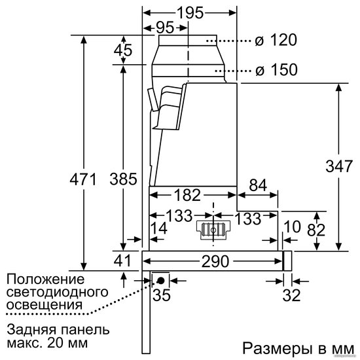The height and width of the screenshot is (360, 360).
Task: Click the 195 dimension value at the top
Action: (x=190, y=12)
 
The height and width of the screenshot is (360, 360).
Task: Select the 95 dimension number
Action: (x=165, y=27)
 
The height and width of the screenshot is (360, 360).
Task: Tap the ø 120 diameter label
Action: (x=276, y=40)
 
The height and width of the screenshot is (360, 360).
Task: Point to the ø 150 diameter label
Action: (x=276, y=69)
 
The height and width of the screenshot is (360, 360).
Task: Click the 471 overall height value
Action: (x=83, y=179)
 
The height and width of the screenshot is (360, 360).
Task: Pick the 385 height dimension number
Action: (x=123, y=179)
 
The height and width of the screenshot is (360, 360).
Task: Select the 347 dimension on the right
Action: (x=339, y=166)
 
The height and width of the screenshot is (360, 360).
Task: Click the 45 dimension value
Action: (x=123, y=50)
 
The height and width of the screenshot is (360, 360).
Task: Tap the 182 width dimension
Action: (x=188, y=195)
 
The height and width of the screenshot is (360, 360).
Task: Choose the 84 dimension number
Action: (x=258, y=185)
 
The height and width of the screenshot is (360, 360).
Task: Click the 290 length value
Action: (x=215, y=261)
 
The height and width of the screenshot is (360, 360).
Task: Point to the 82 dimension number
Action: (x=316, y=230)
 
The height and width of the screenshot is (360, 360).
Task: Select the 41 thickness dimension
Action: (x=122, y=261)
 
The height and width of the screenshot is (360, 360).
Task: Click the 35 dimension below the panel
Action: (x=162, y=295)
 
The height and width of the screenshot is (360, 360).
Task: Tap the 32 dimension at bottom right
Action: (x=291, y=295)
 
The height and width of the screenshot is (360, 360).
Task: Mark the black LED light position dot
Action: (x=160, y=281)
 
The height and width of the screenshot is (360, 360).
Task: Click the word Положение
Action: (x=46, y=279)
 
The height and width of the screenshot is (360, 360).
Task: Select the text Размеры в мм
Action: (x=298, y=348)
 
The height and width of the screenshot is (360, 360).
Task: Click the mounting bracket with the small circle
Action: (x=213, y=230)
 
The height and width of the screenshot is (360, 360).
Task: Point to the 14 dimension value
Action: (x=159, y=228)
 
